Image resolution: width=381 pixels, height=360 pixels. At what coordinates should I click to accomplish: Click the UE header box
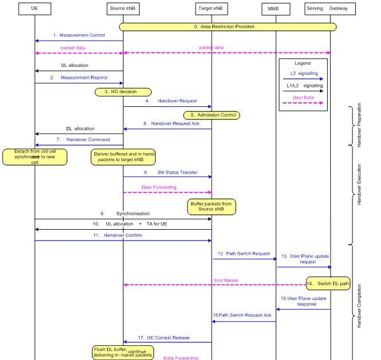coord(34,9)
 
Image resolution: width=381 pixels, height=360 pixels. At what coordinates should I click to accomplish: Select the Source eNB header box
coord(123,9)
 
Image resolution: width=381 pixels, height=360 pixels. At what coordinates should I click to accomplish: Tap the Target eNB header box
coord(212,9)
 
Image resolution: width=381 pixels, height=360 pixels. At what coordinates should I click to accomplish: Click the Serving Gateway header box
coord(338,9)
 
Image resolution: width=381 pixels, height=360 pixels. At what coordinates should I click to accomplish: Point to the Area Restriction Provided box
coord(228,26)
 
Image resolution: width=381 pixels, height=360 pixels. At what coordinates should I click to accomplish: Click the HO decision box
coord(123,91)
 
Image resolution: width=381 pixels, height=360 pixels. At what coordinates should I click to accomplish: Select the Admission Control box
coord(212,115)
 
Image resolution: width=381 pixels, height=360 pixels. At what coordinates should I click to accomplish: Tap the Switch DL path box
coord(328,283)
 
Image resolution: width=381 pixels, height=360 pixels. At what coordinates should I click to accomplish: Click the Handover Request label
coord(177,101)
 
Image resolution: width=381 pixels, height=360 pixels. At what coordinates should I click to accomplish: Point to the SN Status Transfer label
coord(177,172)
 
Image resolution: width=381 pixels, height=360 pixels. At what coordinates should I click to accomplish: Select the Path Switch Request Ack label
coord(242,315)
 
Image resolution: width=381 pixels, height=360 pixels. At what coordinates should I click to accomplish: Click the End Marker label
coord(226,280)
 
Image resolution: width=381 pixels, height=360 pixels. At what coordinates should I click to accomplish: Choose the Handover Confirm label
coord(122,235)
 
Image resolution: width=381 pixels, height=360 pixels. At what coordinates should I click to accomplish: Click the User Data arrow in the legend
coord(303,103)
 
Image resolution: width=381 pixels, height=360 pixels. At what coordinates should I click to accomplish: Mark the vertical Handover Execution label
coord(359,186)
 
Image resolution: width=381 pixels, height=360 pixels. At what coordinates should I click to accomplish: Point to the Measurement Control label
coord(82,35)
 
